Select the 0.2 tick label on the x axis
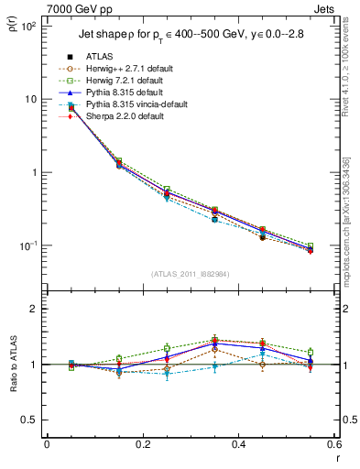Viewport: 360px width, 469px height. point(142,444)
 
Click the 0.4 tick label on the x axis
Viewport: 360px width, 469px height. point(237,444)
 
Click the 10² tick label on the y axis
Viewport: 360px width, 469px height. point(27,26)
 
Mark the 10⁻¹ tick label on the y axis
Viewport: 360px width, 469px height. point(27,246)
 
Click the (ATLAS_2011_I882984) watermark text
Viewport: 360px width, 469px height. point(191,274)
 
